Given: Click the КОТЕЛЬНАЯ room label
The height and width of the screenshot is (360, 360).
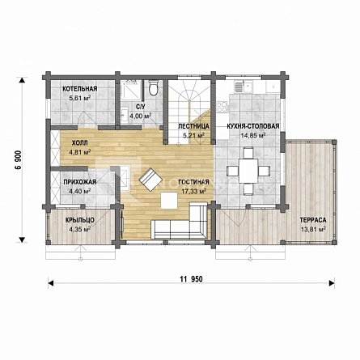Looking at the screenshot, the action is [80, 89].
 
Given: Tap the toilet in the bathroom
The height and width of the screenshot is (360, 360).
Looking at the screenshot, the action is [154, 87].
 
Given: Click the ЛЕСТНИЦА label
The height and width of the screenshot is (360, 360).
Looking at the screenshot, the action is [193, 126].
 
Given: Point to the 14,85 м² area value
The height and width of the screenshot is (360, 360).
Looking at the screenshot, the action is [252, 135].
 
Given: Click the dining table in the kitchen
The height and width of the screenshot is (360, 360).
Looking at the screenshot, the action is [248, 171].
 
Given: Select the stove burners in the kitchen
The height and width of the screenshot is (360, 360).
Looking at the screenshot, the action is [223, 106].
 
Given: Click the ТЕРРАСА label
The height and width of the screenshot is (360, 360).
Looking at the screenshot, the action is [313, 220].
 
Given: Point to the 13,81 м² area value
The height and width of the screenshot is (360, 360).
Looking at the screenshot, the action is [313, 230].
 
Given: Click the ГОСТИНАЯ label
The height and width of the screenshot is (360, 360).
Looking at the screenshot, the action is [193, 182].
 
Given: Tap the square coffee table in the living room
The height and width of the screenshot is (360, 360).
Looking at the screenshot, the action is [169, 201].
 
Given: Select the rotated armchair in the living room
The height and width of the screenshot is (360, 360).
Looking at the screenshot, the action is [150, 180].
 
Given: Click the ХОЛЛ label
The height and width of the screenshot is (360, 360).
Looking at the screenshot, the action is [80, 143].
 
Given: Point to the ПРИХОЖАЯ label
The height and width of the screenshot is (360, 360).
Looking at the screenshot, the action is [80, 182].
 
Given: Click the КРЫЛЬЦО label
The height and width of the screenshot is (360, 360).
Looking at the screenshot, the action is [80, 220].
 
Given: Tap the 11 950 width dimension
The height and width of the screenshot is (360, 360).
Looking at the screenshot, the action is [191, 279].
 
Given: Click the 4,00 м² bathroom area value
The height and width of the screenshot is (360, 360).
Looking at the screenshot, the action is [140, 116].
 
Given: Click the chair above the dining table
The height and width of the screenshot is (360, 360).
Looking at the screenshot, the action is [248, 153].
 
